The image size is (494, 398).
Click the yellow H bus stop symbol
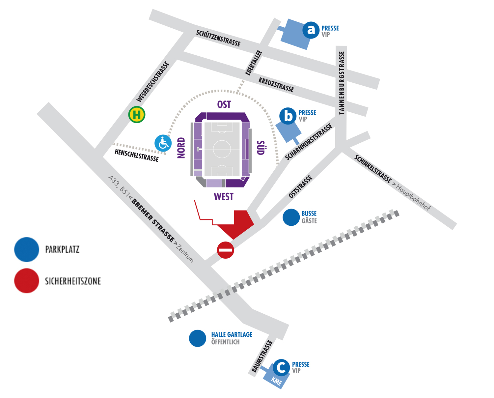click(x=137, y=114)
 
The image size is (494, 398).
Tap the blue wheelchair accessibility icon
click(x=163, y=143)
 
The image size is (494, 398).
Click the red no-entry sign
click(x=225, y=250)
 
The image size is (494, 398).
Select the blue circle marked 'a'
click(x=311, y=30)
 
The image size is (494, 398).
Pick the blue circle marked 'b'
click(x=288, y=116)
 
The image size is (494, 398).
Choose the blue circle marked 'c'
click(x=282, y=368)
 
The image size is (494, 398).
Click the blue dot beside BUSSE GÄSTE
click(x=291, y=217)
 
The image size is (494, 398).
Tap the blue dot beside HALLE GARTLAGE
click(x=197, y=338)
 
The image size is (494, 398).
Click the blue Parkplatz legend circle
click(x=27, y=249)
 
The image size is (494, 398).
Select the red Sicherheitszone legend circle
click(x=27, y=281)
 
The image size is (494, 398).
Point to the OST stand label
click(x=224, y=104)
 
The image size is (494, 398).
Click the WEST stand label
click(x=224, y=197)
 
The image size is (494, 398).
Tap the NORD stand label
click(x=181, y=148)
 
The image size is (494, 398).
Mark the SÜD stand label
click(x=261, y=148)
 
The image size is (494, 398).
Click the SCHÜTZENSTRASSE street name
click(x=218, y=38)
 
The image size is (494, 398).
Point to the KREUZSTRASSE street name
click(x=276, y=85)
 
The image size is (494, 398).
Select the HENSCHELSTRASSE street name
click(x=137, y=156)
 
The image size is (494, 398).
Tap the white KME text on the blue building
click(x=276, y=382)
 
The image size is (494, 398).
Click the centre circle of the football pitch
click(x=222, y=149)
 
